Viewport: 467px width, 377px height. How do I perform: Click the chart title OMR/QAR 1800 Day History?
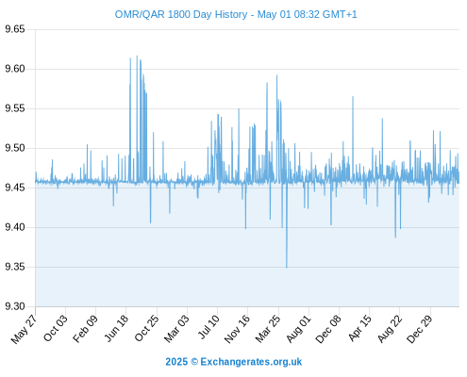(x=181, y=14)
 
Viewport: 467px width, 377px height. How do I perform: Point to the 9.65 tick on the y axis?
(x=15, y=29)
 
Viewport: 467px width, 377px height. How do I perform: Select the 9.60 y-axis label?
(x=15, y=69)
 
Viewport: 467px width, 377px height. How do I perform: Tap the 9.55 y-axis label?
(x=15, y=108)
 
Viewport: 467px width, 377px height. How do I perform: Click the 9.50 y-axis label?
(x=15, y=148)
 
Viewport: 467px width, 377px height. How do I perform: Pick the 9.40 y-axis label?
(x=15, y=227)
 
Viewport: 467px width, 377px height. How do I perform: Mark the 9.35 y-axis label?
(x=15, y=267)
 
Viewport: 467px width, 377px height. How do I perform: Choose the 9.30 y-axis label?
(x=15, y=306)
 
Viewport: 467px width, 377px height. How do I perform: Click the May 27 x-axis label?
(x=24, y=329)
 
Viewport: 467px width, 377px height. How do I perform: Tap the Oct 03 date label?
(x=55, y=328)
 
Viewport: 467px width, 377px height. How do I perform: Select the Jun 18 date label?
(x=116, y=328)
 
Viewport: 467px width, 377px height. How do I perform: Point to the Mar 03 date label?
(x=176, y=328)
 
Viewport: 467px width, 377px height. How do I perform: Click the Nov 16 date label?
(x=237, y=329)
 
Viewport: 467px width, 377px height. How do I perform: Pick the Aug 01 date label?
(x=298, y=329)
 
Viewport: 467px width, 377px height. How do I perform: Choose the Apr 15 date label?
(x=359, y=328)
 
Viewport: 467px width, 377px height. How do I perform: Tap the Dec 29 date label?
(x=420, y=329)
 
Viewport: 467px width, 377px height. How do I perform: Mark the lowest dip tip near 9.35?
(x=287, y=268)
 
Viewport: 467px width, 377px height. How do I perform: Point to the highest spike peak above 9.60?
(x=137, y=56)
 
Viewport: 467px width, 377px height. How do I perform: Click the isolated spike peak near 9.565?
(x=353, y=97)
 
